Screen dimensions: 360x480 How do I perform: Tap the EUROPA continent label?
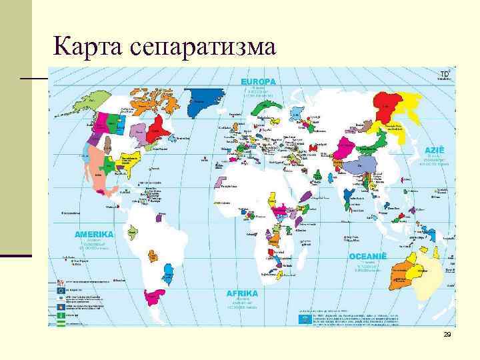(x=258, y=81)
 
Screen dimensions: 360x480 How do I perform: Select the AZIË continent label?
(x=435, y=151)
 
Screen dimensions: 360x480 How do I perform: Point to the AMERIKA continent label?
(x=94, y=235)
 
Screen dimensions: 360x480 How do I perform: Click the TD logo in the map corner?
(x=444, y=73)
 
